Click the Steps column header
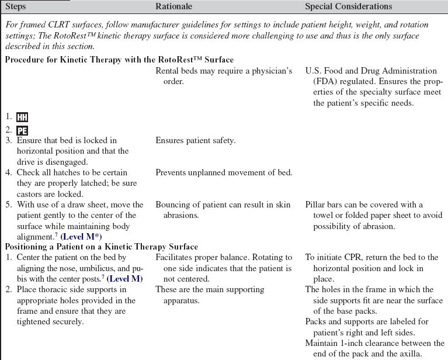pos(17,6)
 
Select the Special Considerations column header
pos(349,6)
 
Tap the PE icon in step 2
pos(22,130)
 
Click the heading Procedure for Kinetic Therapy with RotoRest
pos(119,60)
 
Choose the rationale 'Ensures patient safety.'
pos(196,141)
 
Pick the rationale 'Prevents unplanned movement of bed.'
pos(224,172)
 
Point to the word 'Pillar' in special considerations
pos(316,205)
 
